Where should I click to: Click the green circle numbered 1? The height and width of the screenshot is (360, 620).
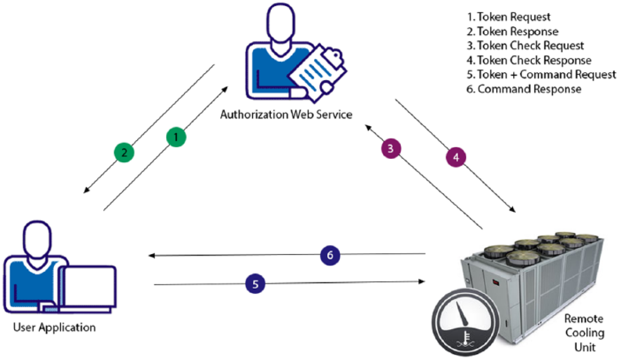click(x=176, y=137)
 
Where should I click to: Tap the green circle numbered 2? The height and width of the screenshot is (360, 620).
click(x=124, y=152)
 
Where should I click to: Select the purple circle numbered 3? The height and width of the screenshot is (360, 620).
click(x=391, y=148)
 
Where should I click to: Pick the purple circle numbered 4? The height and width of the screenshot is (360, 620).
click(x=456, y=157)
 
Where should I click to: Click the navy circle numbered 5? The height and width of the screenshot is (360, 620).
click(x=255, y=283)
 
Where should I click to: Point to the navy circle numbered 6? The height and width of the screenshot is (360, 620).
click(x=330, y=255)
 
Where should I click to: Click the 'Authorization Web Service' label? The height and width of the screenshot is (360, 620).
click(x=286, y=114)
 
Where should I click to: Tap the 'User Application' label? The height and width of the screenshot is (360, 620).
click(x=54, y=328)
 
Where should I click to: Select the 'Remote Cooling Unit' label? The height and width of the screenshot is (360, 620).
click(x=584, y=333)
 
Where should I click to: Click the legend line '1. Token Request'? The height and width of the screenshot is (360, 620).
click(x=509, y=17)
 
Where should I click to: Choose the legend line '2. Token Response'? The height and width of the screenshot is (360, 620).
click(x=513, y=32)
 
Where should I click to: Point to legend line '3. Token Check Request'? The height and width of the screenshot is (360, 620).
click(x=525, y=46)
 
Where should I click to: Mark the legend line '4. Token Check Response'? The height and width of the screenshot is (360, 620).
click(x=529, y=60)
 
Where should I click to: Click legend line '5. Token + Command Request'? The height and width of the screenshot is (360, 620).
click(x=541, y=75)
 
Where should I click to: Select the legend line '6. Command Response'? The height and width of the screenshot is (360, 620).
click(x=524, y=89)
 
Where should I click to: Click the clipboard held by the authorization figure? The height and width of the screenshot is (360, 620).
click(x=317, y=73)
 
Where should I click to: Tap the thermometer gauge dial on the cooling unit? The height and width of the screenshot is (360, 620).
click(x=466, y=322)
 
